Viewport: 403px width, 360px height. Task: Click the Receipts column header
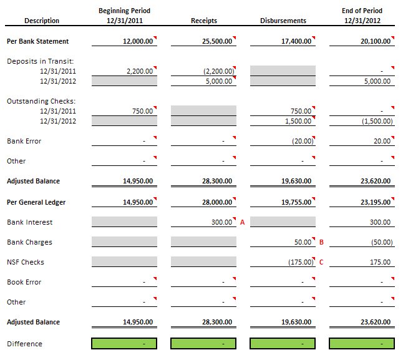click(204, 21)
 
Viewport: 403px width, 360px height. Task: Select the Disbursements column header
click(283, 21)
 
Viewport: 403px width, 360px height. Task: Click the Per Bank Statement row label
click(37, 41)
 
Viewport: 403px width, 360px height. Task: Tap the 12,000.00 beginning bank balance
click(138, 41)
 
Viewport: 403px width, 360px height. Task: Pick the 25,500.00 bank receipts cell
click(217, 41)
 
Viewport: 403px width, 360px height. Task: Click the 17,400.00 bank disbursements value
click(296, 41)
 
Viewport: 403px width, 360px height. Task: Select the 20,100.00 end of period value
click(376, 41)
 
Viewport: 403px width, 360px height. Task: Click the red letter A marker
click(242, 222)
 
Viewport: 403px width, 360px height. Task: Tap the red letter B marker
click(321, 242)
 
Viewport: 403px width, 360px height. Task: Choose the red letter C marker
click(321, 262)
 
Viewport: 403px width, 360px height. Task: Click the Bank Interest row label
click(29, 222)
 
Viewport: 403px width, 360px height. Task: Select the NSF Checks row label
click(26, 262)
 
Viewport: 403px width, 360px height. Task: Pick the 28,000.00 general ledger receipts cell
click(217, 202)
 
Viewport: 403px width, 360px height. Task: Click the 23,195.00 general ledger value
click(376, 202)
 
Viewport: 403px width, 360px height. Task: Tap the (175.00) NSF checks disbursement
click(301, 262)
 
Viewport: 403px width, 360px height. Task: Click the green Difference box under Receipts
click(203, 344)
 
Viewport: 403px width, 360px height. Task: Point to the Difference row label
click(24, 344)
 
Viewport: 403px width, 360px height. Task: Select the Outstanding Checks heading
click(41, 101)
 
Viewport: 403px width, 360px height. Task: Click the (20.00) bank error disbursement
click(303, 141)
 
